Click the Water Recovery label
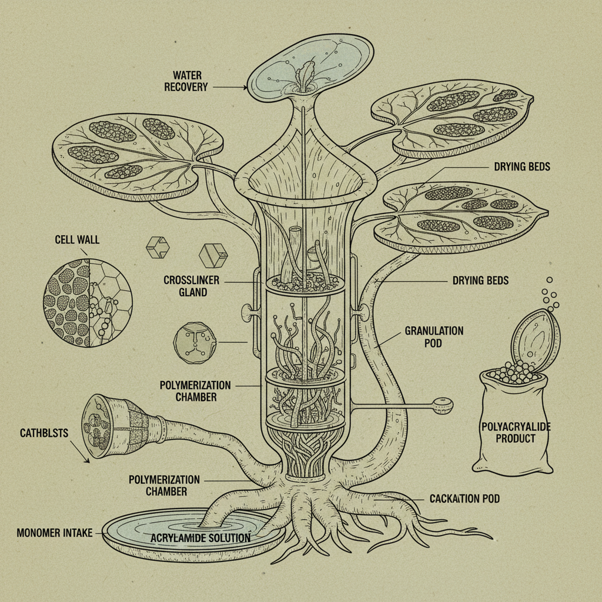pyautogui.click(x=190, y=81)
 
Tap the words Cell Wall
pyautogui.click(x=77, y=239)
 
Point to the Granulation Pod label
pyautogui.click(x=434, y=336)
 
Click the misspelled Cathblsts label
pyautogui.click(x=44, y=433)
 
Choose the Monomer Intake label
pyautogui.click(x=55, y=533)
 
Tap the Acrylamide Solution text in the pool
pyautogui.click(x=200, y=537)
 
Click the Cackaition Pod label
pyautogui.click(x=464, y=499)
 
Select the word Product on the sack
pyautogui.click(x=515, y=439)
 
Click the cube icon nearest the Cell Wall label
pyautogui.click(x=156, y=248)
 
